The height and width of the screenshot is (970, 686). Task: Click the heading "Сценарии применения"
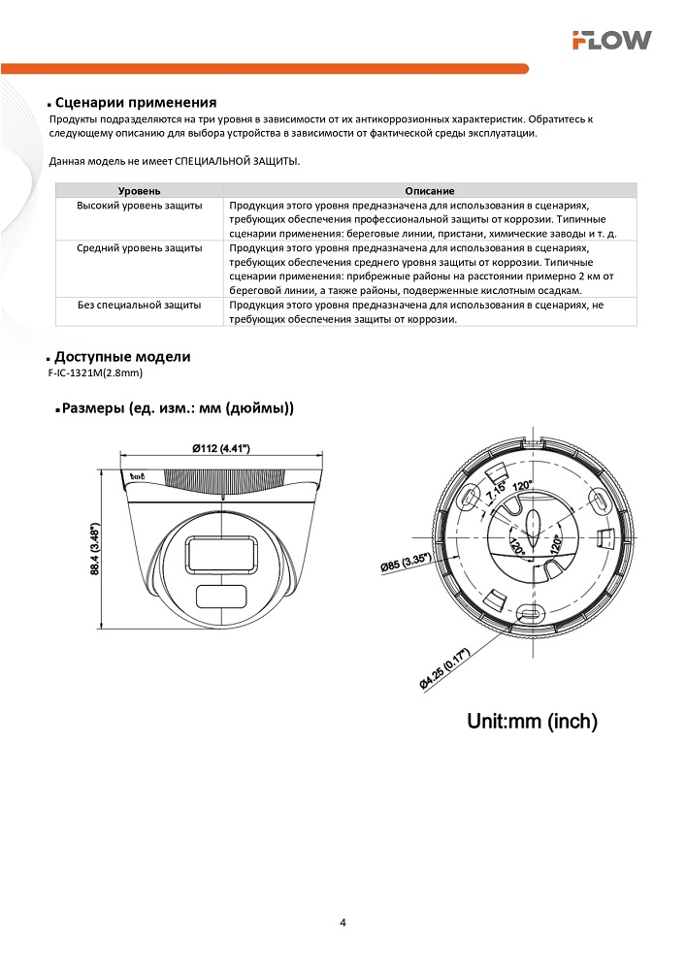coord(135,102)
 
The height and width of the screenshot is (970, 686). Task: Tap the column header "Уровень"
coord(139,192)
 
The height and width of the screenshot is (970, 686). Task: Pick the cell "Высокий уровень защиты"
coord(139,206)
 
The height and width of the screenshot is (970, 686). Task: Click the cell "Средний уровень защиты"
coord(139,248)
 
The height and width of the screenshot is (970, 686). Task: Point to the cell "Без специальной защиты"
coord(139,305)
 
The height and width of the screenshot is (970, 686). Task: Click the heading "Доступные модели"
coord(122,357)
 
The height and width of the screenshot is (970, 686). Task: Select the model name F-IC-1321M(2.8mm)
coord(94,372)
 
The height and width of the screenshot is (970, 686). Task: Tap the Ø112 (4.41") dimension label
coord(220,448)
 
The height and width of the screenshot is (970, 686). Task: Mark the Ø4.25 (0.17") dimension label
coord(445,669)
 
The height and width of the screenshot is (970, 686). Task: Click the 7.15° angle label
coord(497,492)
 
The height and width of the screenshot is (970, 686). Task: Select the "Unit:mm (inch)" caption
coord(532,721)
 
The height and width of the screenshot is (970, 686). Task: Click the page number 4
coord(343,921)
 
